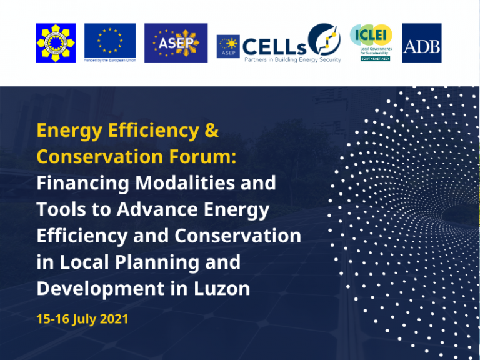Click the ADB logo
[x=421, y=43]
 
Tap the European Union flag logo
[x=110, y=40]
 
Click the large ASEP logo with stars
[x=176, y=43]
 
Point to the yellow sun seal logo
[x=56, y=43]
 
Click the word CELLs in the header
[x=274, y=46]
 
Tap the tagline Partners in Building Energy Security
[x=292, y=60]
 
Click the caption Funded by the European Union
[x=110, y=61]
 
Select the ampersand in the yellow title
[x=211, y=131]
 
